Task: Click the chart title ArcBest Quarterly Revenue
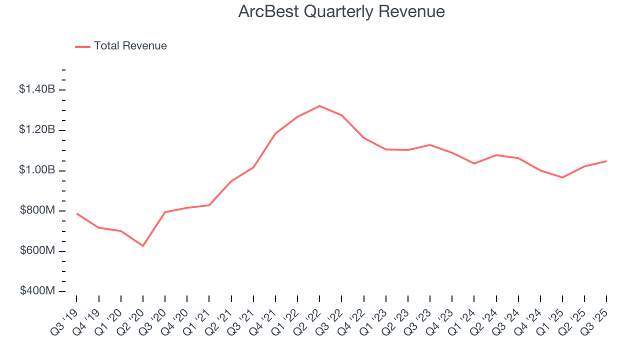coord(341,11)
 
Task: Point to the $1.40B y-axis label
coord(36,89)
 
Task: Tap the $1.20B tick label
coord(36,130)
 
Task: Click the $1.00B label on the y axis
coord(36,170)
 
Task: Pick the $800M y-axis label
coord(37,210)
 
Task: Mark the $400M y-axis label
coord(37,291)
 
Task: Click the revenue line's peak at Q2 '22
coord(319,106)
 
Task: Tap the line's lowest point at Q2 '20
coord(143,246)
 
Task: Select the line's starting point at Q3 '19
coord(76,213)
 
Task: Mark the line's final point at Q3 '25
coord(606,161)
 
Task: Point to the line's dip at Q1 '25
coord(562,177)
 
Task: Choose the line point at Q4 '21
coord(275,133)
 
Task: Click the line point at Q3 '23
coord(430,145)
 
